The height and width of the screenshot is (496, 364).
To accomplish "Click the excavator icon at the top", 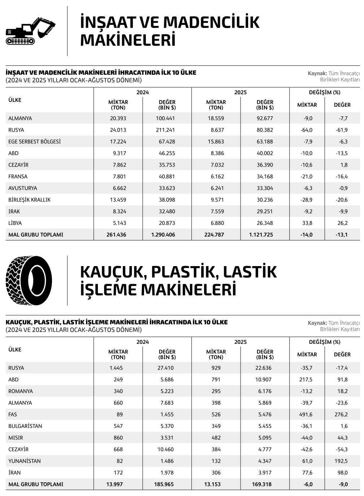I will point(30,31).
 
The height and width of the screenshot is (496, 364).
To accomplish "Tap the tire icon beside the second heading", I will point(29,281).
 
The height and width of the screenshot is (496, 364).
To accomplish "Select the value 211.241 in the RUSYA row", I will point(167,130).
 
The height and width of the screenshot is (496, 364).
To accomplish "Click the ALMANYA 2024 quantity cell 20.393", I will point(118,118).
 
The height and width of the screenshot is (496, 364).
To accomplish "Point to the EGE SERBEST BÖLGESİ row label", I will point(34,142).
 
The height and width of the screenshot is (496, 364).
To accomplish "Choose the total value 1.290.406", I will point(163,235).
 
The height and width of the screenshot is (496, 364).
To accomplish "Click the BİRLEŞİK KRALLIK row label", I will point(29,200).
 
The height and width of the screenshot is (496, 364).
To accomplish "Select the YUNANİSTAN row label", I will point(25,461).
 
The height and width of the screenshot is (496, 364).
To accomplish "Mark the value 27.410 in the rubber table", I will point(167,368).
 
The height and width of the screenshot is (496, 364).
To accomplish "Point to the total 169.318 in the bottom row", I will point(261,484).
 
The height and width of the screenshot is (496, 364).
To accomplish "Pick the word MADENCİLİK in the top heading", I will point(211,22).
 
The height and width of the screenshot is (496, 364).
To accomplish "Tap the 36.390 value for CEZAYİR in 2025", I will point(265,165).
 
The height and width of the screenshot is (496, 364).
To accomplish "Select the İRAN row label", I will point(14,473).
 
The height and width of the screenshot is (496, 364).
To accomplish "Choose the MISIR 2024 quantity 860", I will point(118,438).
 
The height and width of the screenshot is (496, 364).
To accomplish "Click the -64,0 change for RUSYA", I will point(307,130).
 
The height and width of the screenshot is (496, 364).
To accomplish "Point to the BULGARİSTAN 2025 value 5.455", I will point(265,426).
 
